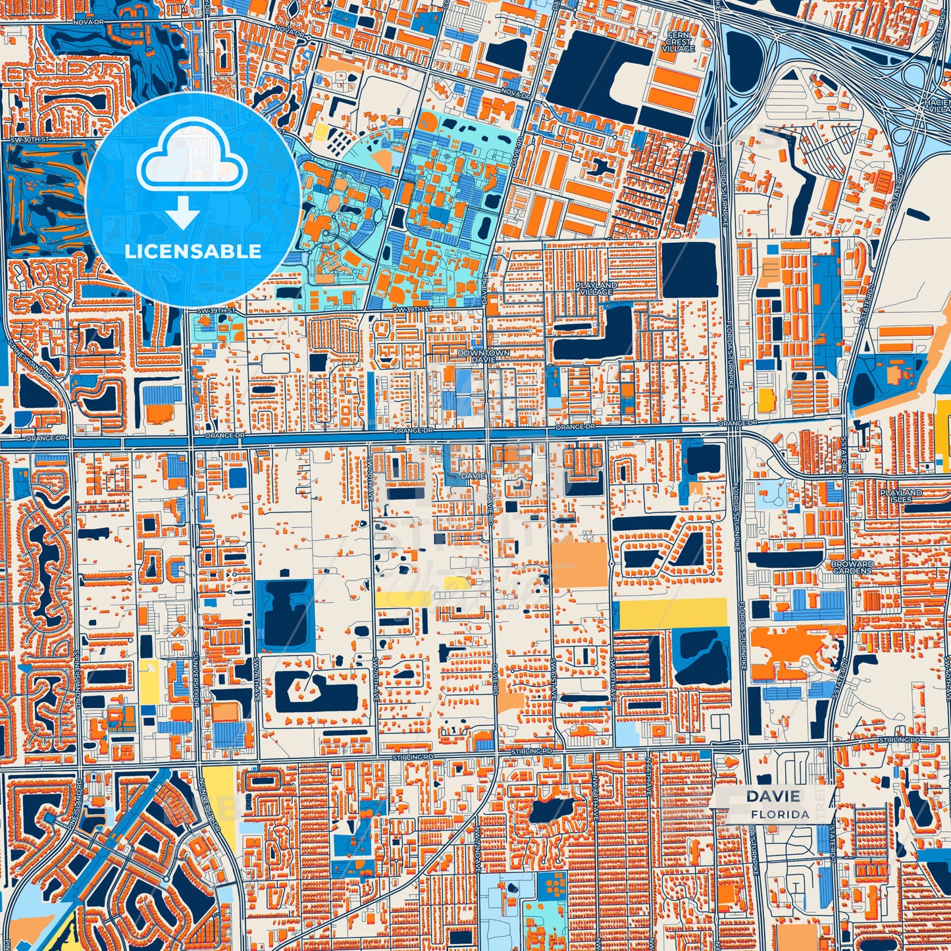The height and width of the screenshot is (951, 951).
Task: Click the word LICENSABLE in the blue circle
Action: (193, 251)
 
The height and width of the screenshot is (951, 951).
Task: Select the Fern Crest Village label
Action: (679, 41)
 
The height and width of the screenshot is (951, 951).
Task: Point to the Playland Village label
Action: (597, 288)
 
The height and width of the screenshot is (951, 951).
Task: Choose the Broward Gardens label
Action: (852, 567)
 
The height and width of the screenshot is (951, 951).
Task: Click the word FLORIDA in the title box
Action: (780, 814)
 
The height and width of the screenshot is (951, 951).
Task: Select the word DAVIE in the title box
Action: (773, 796)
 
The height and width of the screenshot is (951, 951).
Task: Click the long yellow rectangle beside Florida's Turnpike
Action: (673, 613)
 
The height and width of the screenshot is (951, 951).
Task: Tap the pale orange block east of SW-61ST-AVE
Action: (579, 564)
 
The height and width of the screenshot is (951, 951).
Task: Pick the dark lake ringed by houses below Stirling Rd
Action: (552, 811)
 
